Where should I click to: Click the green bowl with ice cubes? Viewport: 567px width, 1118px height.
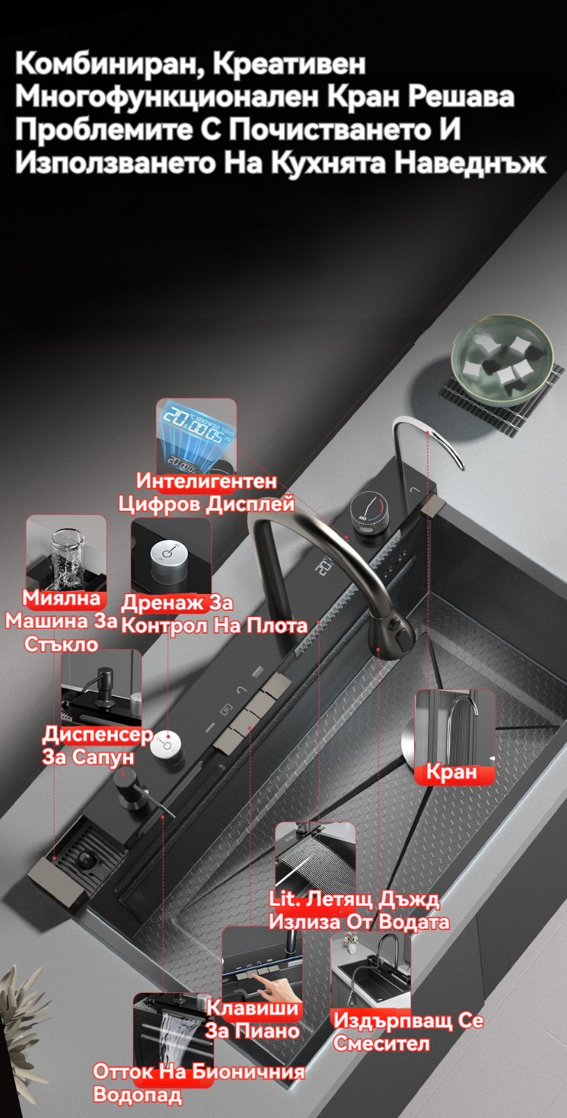pos(502,357)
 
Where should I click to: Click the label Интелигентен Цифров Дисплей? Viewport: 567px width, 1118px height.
pos(206,493)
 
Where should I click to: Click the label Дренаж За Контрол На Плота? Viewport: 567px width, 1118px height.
pos(214,614)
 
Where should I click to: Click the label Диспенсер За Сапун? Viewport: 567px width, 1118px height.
pos(97,745)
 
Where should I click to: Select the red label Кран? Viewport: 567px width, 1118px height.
pos(451,771)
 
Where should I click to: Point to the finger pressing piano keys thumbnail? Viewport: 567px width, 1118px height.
pos(262,965)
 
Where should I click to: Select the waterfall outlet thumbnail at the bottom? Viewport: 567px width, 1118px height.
pos(174,1031)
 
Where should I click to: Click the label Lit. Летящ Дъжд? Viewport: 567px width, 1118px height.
pos(354,899)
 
